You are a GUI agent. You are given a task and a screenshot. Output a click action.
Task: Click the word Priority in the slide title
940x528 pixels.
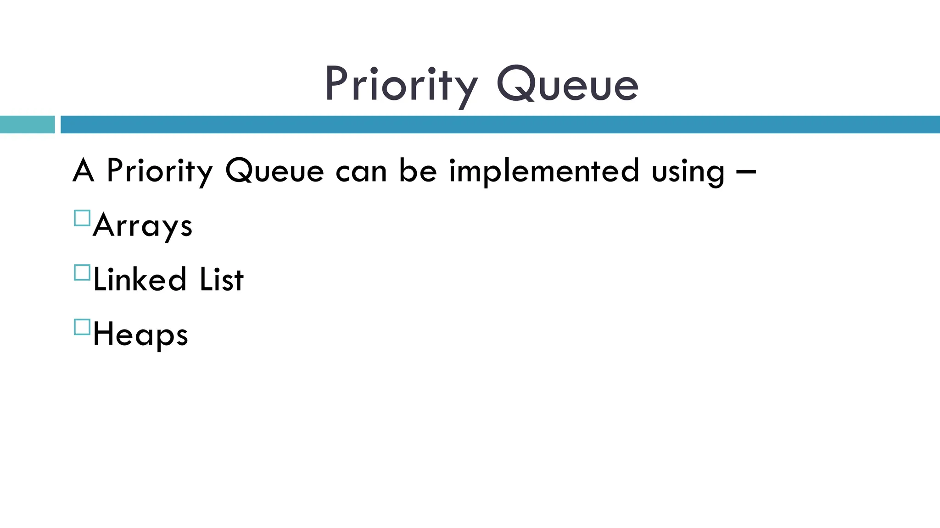pos(400,84)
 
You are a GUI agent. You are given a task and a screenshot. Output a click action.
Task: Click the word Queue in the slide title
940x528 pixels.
pos(567,84)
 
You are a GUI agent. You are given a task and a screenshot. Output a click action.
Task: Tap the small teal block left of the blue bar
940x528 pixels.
pos(27,125)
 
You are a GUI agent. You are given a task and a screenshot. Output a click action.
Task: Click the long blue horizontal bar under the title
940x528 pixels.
pos(499,125)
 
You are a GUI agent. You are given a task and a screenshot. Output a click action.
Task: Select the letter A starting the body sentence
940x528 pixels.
pos(83,170)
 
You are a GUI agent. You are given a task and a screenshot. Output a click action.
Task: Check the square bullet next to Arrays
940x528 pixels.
pos(82,218)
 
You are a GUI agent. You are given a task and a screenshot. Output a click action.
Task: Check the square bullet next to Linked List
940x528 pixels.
pos(82,273)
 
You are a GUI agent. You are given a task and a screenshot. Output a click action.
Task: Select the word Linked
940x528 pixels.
pos(140,279)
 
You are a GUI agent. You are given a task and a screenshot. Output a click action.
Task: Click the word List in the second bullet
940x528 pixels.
pos(221,279)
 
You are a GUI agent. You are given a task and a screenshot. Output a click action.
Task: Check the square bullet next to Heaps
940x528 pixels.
pos(82,327)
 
